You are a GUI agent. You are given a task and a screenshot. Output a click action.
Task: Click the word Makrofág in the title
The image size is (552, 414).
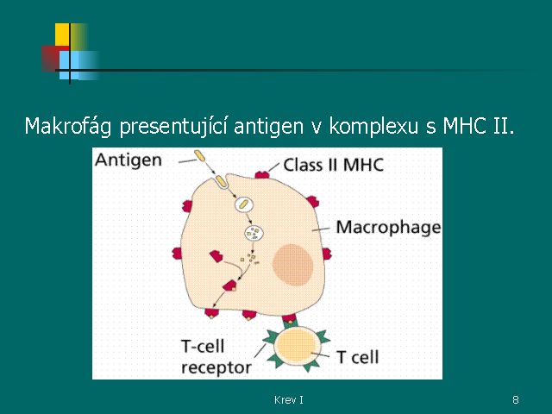[x=67, y=126]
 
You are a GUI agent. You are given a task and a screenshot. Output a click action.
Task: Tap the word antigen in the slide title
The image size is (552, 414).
[x=268, y=126]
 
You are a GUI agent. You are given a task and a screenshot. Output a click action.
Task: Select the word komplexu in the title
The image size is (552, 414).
[x=373, y=126]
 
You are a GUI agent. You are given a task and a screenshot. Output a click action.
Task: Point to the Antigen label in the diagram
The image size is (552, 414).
[x=129, y=161]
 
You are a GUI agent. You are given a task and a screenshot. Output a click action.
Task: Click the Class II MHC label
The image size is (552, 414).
[x=334, y=165]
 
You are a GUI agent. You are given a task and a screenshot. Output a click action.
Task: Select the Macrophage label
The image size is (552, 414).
[x=388, y=228]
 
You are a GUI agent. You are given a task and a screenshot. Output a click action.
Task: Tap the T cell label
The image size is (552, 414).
[x=358, y=357]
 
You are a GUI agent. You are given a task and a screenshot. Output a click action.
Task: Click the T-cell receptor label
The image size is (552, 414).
[x=216, y=357]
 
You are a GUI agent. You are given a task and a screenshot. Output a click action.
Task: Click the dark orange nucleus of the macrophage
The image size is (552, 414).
[x=292, y=265]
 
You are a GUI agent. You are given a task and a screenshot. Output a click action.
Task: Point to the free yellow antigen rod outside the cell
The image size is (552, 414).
[x=199, y=156]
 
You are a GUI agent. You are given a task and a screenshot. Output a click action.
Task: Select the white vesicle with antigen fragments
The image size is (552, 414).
[x=254, y=233]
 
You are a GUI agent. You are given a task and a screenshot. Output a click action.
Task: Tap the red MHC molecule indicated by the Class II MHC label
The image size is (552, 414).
[x=262, y=174]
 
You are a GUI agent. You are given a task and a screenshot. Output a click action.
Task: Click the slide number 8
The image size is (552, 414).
[x=516, y=399]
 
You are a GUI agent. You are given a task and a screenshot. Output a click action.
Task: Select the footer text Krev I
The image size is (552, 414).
[x=289, y=399]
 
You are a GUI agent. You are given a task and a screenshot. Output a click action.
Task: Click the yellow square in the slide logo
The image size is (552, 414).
[x=62, y=34]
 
